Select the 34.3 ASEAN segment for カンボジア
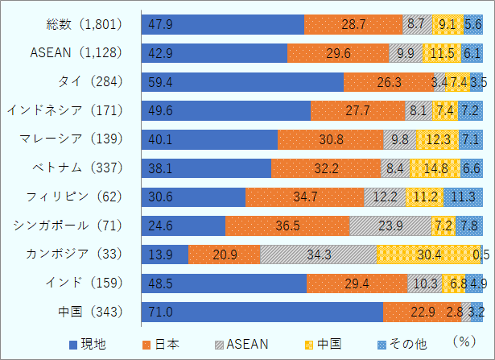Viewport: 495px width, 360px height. [x=318, y=254]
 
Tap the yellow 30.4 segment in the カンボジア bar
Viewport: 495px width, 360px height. [x=427, y=254]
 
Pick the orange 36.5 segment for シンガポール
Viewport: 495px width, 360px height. [x=287, y=226]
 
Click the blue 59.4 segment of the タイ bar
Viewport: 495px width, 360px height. [x=242, y=82]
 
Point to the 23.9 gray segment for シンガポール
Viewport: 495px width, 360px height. [x=390, y=226]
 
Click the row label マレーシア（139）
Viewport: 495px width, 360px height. [x=71, y=139]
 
